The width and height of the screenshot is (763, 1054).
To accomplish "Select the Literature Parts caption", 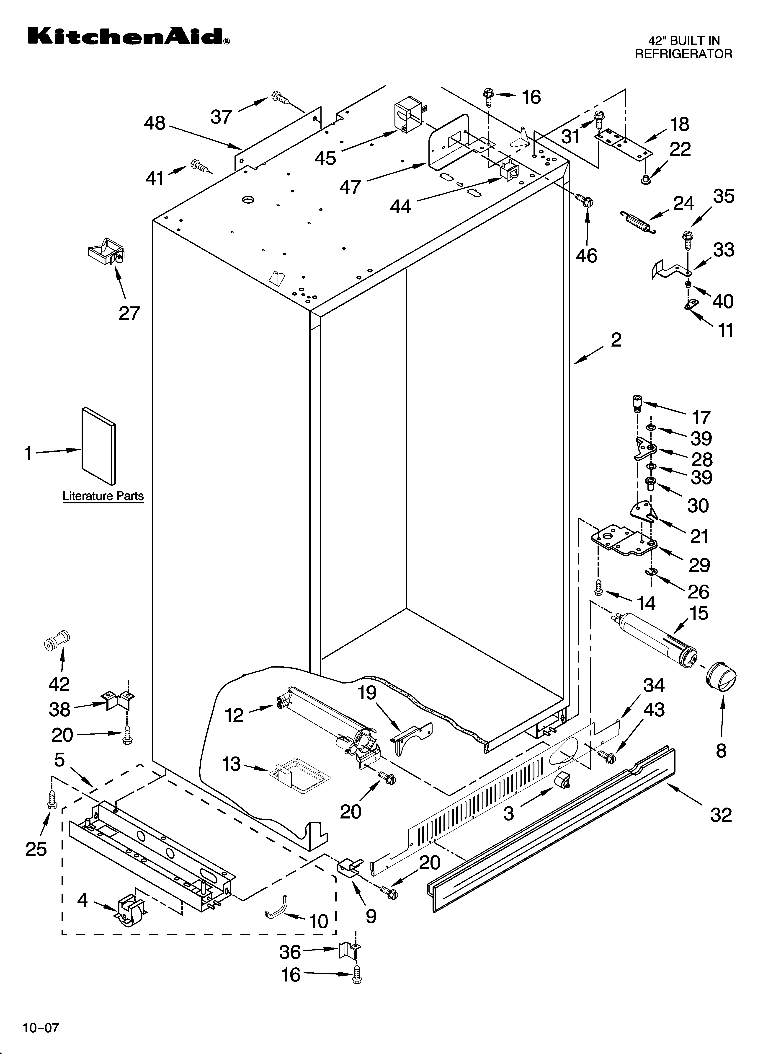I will click(x=103, y=496).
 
